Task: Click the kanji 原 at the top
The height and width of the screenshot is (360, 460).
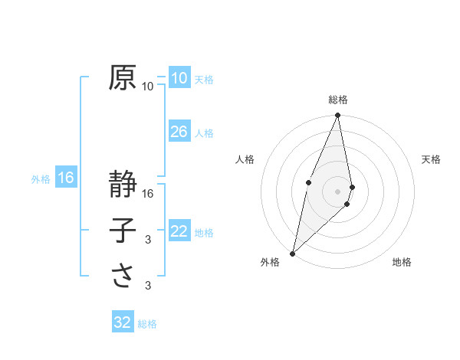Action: (x=122, y=77)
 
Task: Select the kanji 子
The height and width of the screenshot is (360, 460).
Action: (x=122, y=231)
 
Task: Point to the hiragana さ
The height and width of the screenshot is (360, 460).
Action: (x=122, y=276)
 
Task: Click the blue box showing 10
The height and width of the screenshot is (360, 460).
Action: (x=179, y=77)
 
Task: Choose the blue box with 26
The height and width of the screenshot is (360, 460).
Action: (x=179, y=132)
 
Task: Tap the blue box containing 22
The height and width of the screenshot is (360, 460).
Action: (x=179, y=231)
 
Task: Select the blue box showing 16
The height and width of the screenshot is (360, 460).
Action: (x=66, y=178)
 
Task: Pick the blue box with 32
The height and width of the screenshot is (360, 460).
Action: (x=123, y=322)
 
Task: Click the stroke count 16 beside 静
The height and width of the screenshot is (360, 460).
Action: (x=148, y=194)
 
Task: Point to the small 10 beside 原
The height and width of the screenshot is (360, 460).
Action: (x=148, y=87)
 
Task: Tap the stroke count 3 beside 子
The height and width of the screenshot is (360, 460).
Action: (x=148, y=240)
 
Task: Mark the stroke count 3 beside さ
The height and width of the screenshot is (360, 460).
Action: (x=148, y=286)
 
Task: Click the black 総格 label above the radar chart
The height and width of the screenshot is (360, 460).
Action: (x=338, y=100)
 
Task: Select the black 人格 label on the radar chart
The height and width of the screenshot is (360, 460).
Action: (x=245, y=159)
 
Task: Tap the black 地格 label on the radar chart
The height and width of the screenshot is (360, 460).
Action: (x=402, y=263)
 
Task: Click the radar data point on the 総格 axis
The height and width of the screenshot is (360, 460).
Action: (x=338, y=116)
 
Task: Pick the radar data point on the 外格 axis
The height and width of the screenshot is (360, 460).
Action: (x=292, y=254)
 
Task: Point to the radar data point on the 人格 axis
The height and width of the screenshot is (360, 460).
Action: (x=308, y=182)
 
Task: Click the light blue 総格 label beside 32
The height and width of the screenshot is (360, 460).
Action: (x=147, y=324)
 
